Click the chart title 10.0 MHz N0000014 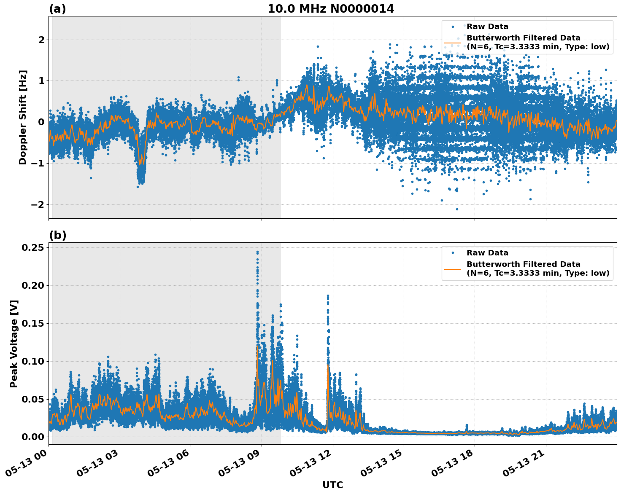[x=331, y=9]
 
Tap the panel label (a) [x=57, y=9]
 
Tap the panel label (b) [x=57, y=235]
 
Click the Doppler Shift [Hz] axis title [x=23, y=117]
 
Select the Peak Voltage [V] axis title [x=14, y=344]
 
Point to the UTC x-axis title [x=332, y=485]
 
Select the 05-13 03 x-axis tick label [x=98, y=465]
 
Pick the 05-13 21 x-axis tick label [x=524, y=465]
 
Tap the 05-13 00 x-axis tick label [x=27, y=465]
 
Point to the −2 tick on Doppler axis [x=38, y=204]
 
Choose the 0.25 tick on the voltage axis [x=33, y=247]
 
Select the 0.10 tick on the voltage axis [x=33, y=361]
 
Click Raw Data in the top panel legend [x=487, y=27]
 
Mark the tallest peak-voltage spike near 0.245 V [x=257, y=252]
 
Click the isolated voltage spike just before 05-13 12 [x=328, y=296]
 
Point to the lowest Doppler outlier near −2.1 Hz [x=456, y=209]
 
